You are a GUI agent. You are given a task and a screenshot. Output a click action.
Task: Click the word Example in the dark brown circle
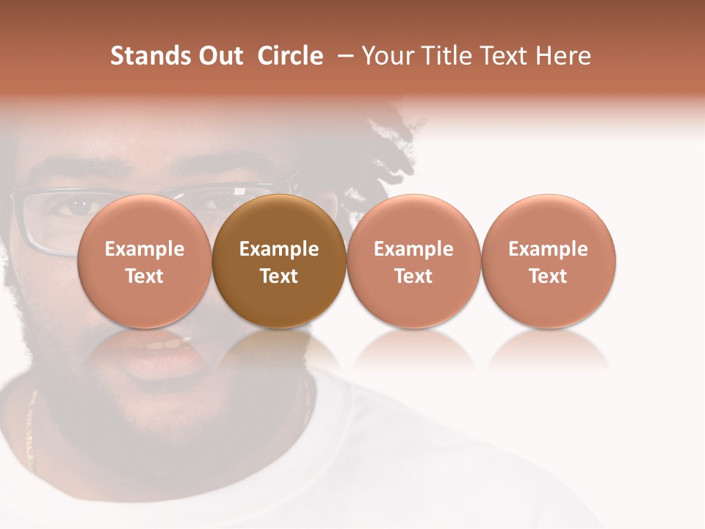click(x=279, y=249)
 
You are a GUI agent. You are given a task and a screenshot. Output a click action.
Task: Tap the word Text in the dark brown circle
click(x=279, y=276)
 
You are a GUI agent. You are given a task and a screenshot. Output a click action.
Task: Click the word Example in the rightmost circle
click(x=549, y=249)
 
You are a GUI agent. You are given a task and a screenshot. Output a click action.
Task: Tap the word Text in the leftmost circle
click(x=145, y=276)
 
